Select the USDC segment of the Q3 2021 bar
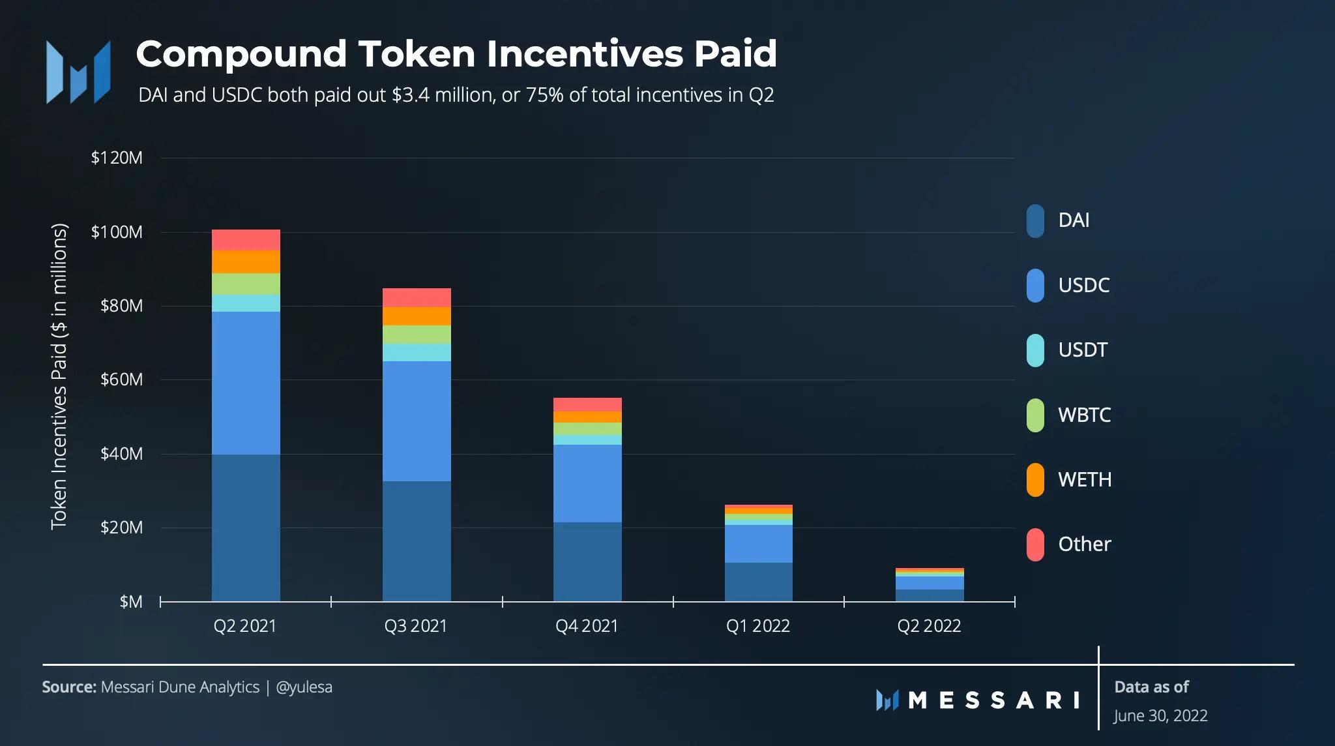tap(417, 421)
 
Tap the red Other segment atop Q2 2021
tap(246, 240)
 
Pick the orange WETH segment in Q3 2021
tap(417, 316)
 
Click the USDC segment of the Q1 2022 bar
tap(758, 543)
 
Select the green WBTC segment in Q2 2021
tap(246, 284)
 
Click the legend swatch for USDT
tap(1035, 350)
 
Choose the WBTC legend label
tap(1084, 415)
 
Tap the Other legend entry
tap(1084, 545)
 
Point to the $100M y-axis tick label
tap(117, 232)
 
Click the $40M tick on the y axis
tap(121, 454)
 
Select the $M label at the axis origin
tap(131, 602)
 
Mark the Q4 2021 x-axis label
tap(587, 626)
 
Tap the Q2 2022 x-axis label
tap(929, 626)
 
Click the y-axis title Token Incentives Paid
tap(59, 376)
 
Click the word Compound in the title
tap(241, 53)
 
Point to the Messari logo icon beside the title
tap(78, 72)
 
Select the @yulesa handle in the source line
tap(304, 687)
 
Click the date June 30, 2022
tap(1160, 716)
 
